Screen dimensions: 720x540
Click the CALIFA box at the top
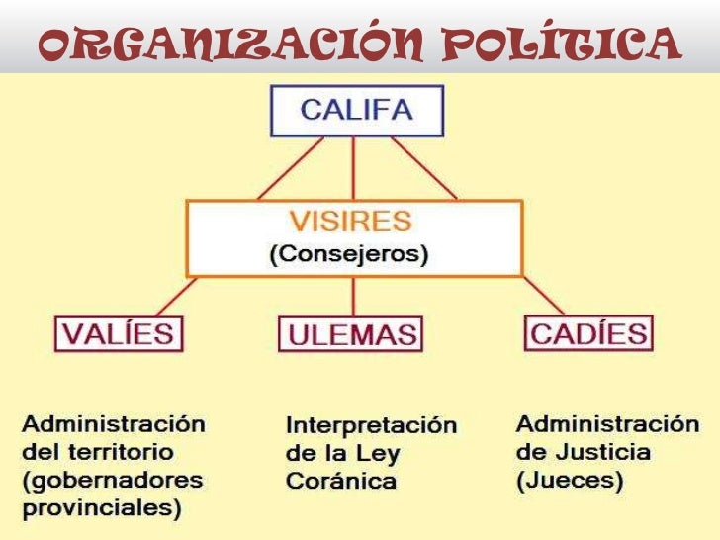click(x=357, y=111)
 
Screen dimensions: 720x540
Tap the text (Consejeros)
click(x=350, y=254)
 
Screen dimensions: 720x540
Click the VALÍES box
click(x=118, y=333)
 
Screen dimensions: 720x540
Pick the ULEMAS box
click(x=350, y=334)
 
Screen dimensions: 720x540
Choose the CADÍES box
click(x=588, y=332)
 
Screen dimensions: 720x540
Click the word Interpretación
click(x=371, y=426)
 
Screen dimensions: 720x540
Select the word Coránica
click(x=340, y=482)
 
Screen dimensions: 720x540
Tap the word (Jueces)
click(x=570, y=481)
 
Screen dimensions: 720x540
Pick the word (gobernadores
click(x=113, y=482)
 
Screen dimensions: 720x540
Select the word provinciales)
click(x=102, y=509)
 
